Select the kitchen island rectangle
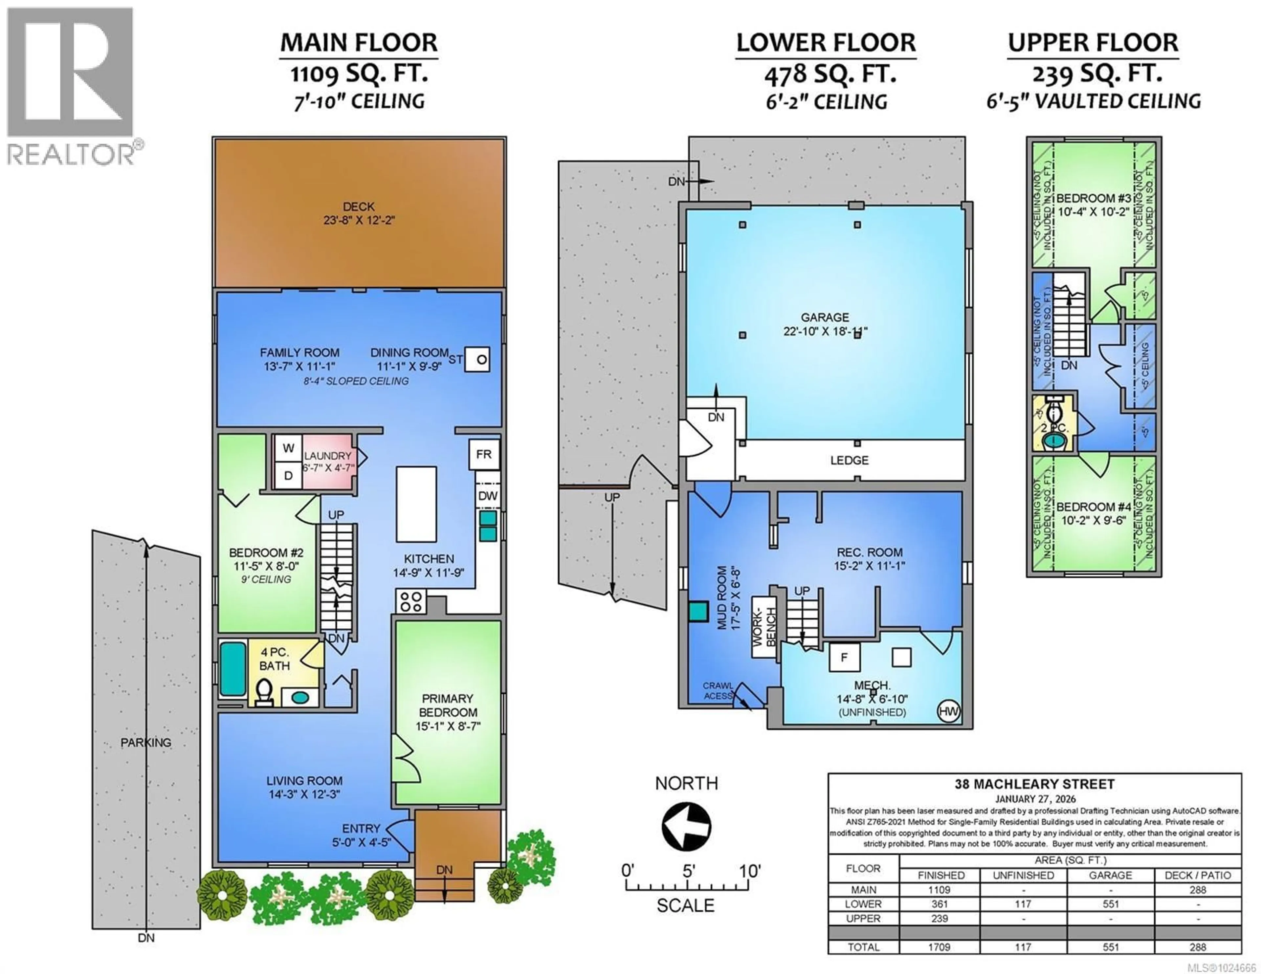416,504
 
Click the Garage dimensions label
825,331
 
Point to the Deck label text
359,206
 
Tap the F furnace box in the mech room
844,657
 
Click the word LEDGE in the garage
849,460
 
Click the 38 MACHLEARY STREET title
1034,784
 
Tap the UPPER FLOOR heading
1093,43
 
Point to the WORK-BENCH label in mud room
763,627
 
